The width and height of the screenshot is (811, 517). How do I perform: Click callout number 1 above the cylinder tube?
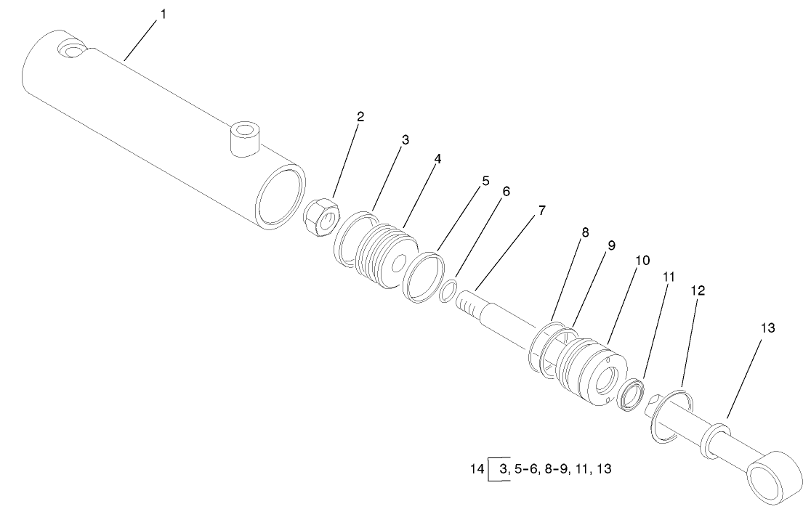click(x=163, y=15)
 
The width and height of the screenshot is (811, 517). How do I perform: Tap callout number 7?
click(x=543, y=211)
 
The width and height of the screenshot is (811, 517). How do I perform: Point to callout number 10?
click(x=642, y=260)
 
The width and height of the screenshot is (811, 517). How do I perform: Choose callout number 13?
click(x=767, y=328)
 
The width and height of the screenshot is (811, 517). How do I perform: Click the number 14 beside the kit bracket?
click(x=477, y=469)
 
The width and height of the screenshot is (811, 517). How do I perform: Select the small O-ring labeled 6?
click(x=449, y=292)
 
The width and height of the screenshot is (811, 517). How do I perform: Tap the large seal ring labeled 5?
click(x=424, y=277)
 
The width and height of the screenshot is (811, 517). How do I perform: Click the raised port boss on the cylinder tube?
click(x=245, y=139)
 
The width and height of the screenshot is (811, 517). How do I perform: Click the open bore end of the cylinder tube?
click(x=281, y=195)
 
